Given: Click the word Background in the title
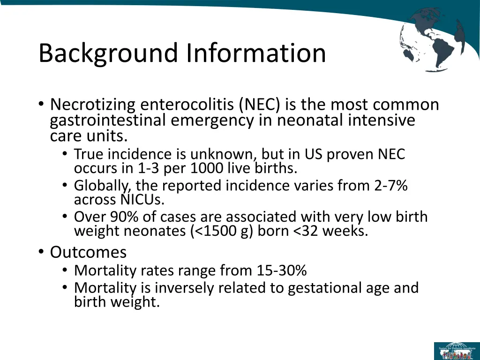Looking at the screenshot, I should [109, 53].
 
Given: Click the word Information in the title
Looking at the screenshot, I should [255, 53].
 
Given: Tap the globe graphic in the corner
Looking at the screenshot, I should [432, 40].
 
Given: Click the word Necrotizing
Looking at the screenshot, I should [93, 105].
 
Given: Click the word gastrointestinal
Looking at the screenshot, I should [108, 120].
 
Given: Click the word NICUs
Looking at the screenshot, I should [119, 200].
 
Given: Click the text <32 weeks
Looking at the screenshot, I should [331, 232].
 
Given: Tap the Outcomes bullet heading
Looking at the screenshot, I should [88, 252].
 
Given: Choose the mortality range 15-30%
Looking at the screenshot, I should [282, 270].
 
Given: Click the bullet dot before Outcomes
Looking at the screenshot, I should [42, 253].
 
